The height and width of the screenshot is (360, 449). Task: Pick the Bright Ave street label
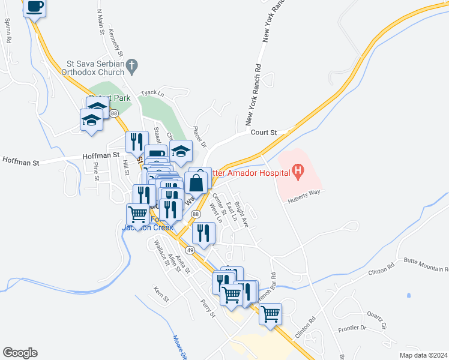[x=241, y=214]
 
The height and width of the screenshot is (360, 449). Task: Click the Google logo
[x=20, y=353]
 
